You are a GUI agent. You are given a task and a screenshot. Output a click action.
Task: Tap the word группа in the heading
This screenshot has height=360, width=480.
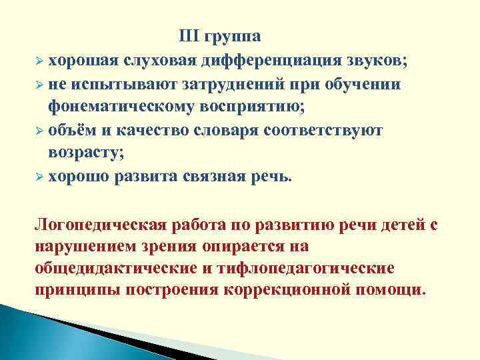point(233,37)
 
